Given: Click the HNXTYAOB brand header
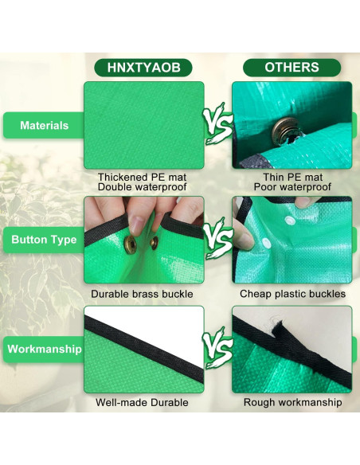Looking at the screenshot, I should point(143,68).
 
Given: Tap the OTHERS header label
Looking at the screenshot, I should point(292,68).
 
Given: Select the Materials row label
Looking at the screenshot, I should point(44,125).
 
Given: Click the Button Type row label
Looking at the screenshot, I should point(44,239).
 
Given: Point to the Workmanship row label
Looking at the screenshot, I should point(44,349).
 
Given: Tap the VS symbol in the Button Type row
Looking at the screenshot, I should point(217,239).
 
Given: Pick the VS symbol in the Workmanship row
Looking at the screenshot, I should point(217,350).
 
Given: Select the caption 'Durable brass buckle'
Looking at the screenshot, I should point(143,295).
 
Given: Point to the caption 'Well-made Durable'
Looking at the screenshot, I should point(143,403).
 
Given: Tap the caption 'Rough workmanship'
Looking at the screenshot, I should point(292,403).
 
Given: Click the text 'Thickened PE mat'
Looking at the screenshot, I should point(143,177).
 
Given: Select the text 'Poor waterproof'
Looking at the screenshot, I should point(292,187).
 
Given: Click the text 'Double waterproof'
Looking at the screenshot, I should point(143,187).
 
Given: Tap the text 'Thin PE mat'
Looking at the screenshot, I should point(292,177).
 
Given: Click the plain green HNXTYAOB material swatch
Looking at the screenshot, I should point(143,125).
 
